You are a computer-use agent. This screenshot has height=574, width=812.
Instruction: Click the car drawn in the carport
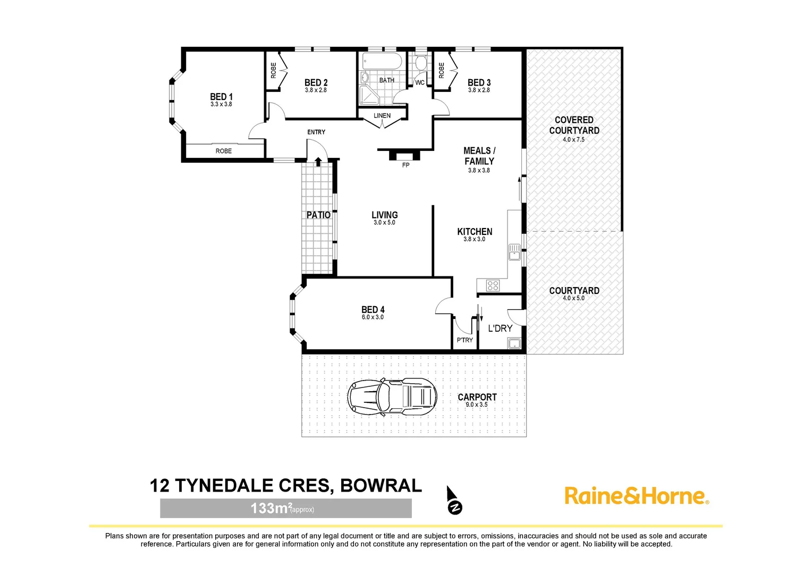392,396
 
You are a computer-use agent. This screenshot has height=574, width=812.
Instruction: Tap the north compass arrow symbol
453,501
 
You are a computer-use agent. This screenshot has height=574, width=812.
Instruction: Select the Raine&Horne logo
636,496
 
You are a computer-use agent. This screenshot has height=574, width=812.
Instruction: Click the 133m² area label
282,509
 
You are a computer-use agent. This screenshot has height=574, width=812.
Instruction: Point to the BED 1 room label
221,97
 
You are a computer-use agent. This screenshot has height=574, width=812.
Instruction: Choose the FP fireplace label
405,165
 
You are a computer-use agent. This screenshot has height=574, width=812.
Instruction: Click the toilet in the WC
421,63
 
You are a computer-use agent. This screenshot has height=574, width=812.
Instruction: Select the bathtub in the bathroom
382,61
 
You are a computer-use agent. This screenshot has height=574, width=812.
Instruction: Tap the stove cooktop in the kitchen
493,286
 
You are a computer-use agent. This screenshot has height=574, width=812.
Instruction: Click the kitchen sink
514,252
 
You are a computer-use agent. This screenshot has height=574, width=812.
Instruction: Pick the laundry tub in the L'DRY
514,343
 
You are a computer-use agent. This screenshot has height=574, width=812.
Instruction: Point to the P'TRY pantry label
464,340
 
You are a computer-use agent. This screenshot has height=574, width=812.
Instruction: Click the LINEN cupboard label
382,116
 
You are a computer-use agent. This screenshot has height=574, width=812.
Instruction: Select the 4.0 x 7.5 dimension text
573,140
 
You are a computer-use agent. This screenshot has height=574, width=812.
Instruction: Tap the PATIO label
318,215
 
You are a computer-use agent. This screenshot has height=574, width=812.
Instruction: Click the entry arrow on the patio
318,162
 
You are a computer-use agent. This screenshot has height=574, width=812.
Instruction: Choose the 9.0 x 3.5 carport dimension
476,405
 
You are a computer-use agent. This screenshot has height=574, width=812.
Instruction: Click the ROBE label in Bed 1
223,151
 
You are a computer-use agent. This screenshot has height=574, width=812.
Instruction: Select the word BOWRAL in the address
380,486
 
